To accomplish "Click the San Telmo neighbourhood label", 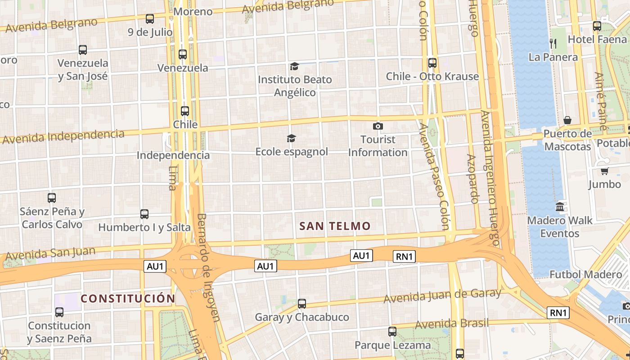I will pos(335,226).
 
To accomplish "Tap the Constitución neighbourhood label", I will pos(128,298).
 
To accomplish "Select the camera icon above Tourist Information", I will pos(378,126).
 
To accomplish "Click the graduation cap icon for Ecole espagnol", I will pos(292,138).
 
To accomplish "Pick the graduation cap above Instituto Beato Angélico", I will pos(294,66).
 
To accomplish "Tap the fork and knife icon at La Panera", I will pos(553,43).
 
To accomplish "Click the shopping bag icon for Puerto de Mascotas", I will pos(567,120).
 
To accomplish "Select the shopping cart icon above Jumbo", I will pos(604,171).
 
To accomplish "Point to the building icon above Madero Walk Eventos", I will pos(560,207).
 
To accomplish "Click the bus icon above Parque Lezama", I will pos(392,332).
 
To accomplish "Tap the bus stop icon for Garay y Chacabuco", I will pos(302,304).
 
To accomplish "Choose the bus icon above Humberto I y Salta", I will pos(144,214).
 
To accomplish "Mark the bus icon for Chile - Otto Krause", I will pos(432,63).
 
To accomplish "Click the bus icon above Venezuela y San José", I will pos(83,50).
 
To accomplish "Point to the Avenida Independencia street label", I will pos(63,136).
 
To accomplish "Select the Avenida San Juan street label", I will pos(50,254).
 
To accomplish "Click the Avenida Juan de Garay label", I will pos(442,296).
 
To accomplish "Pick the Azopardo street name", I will pos(472,179).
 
